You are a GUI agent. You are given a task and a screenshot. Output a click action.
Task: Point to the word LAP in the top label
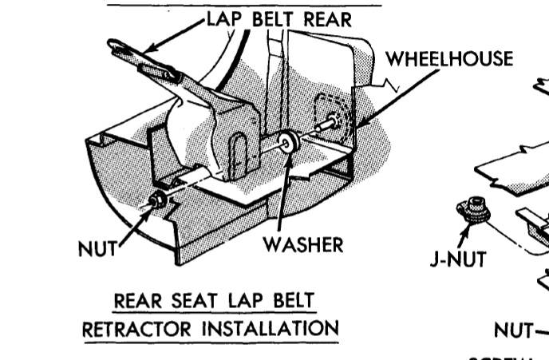(226, 20)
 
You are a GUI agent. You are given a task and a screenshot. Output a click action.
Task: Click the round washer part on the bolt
(287, 142)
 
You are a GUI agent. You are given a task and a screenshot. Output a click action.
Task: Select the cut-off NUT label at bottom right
(511, 329)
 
